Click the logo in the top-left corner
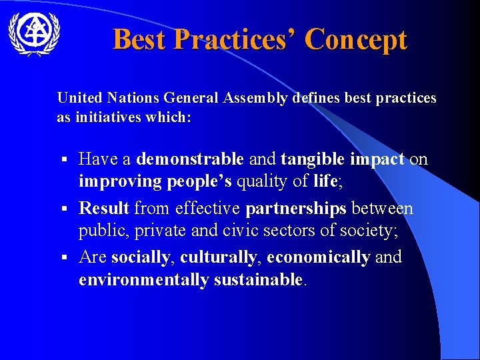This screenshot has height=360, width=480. click(x=34, y=33)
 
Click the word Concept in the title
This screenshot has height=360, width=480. click(x=355, y=39)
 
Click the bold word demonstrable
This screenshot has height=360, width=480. click(x=190, y=159)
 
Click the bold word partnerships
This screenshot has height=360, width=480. click(x=296, y=209)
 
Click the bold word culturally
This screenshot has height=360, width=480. click(x=217, y=257)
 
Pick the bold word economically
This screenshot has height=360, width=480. click(x=318, y=257)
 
